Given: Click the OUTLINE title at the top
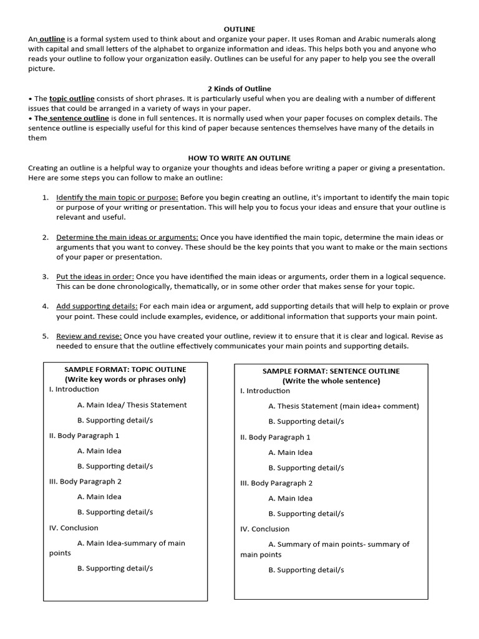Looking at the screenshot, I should point(239,29).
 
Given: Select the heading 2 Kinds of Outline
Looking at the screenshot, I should point(239,89).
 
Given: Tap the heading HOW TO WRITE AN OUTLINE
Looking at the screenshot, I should point(239,158).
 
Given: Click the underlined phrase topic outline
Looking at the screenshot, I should point(72,99).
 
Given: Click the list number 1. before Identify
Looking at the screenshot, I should point(46,197).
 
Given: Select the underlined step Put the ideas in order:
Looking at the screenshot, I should point(95,276).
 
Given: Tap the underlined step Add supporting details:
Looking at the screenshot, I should point(97,306).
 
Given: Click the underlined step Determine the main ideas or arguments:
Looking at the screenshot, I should point(127,237).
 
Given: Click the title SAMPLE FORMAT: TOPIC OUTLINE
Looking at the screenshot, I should point(125,369).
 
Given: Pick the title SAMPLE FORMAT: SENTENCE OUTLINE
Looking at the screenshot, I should point(331,371).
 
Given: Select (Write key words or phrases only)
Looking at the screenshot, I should point(125,379).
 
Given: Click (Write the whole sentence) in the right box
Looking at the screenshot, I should point(331,381).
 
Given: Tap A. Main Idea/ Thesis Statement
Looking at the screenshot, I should point(132,405).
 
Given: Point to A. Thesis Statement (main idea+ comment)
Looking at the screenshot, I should point(344,406).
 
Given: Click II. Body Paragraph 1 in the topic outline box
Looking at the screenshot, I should point(84,436).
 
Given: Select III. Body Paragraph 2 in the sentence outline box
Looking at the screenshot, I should point(276,483).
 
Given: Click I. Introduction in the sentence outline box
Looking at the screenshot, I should point(265,391).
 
